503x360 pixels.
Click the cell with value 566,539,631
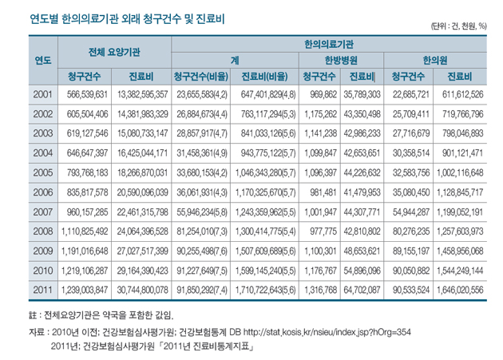click(x=88, y=94)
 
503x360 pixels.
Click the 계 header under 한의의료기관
click(x=235, y=60)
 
